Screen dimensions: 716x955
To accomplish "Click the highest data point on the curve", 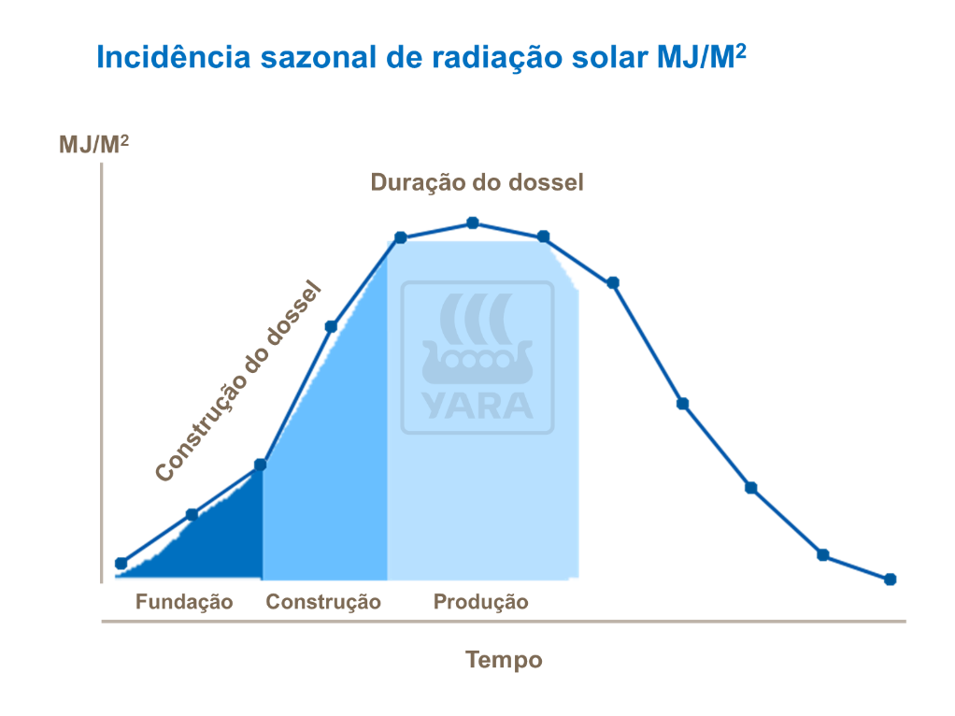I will [x=473, y=222].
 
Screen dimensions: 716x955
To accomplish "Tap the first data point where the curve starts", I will [x=121, y=563].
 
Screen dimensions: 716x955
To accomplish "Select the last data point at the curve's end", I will [x=890, y=579].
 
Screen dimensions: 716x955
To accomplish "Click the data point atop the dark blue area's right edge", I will [x=261, y=465].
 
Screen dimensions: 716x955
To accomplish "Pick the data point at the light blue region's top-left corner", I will [x=400, y=237].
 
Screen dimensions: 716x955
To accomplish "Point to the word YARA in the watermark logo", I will [x=477, y=405].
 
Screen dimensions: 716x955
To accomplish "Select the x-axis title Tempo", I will [x=504, y=660].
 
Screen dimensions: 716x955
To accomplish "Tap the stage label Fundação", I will [x=184, y=602].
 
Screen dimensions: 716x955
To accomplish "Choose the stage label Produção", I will [x=480, y=602].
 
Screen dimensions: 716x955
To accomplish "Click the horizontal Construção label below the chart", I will [x=323, y=602].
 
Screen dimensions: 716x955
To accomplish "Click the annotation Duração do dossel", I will [x=477, y=181].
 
